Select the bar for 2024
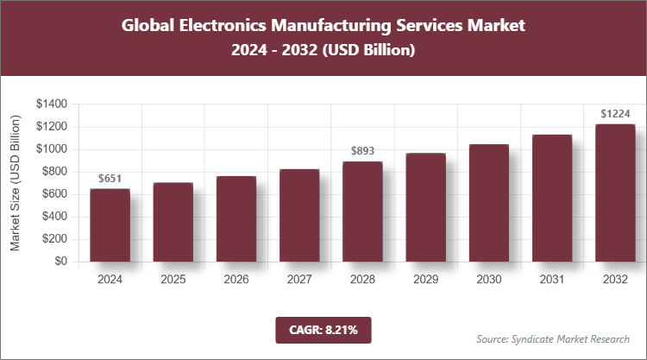coord(110,224)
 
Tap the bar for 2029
coord(425,207)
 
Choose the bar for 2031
coord(552,198)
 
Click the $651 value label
coord(110,179)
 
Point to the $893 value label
coord(362,151)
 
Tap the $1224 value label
coord(615,114)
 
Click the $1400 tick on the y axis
coord(52,104)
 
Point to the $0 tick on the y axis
coord(59,262)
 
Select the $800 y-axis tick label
coord(54,172)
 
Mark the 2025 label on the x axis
coord(173,280)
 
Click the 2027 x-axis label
coord(299,280)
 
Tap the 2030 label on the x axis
coord(489,280)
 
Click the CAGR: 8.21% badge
coord(323,330)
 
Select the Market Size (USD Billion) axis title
coord(15,182)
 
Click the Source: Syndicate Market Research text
coord(553,338)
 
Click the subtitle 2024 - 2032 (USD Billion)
coord(323,51)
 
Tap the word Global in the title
coord(151,25)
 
